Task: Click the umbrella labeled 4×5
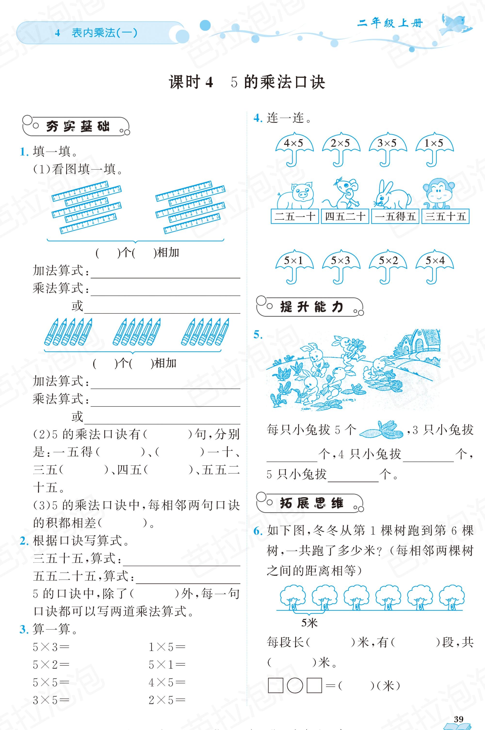click(294, 148)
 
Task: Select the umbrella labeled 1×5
click(434, 148)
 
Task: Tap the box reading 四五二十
click(345, 216)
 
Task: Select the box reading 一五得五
click(395, 216)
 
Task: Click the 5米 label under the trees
click(309, 623)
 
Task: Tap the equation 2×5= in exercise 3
click(167, 700)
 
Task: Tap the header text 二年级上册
click(390, 24)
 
